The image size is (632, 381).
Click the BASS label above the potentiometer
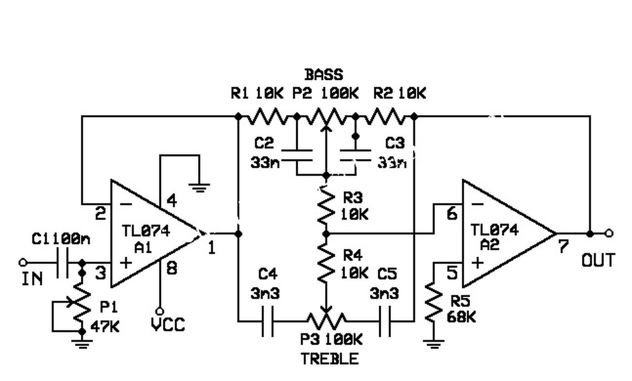tap(323, 75)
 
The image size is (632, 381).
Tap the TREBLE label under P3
tap(330, 359)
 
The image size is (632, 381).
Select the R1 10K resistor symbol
tap(268, 116)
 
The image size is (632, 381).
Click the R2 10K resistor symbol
tap(385, 116)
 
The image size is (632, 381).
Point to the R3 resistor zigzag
tap(326, 205)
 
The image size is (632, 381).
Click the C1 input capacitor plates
tap(63, 263)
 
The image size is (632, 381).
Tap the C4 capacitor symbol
tap(268, 321)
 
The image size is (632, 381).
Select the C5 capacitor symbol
tap(385, 321)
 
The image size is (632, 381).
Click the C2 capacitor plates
tap(297, 155)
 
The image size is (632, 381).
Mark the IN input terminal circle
tap(23, 263)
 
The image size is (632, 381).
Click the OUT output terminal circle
tap(609, 234)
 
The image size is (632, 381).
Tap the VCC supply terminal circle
tap(160, 311)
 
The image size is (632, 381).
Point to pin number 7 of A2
tap(563, 246)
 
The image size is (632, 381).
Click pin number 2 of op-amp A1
tap(100, 214)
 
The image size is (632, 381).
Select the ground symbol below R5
tap(434, 344)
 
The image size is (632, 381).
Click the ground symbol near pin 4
tap(199, 188)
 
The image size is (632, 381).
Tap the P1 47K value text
tap(105, 327)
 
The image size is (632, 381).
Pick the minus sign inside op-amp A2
tap(477, 204)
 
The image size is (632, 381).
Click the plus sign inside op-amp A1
tap(126, 263)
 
